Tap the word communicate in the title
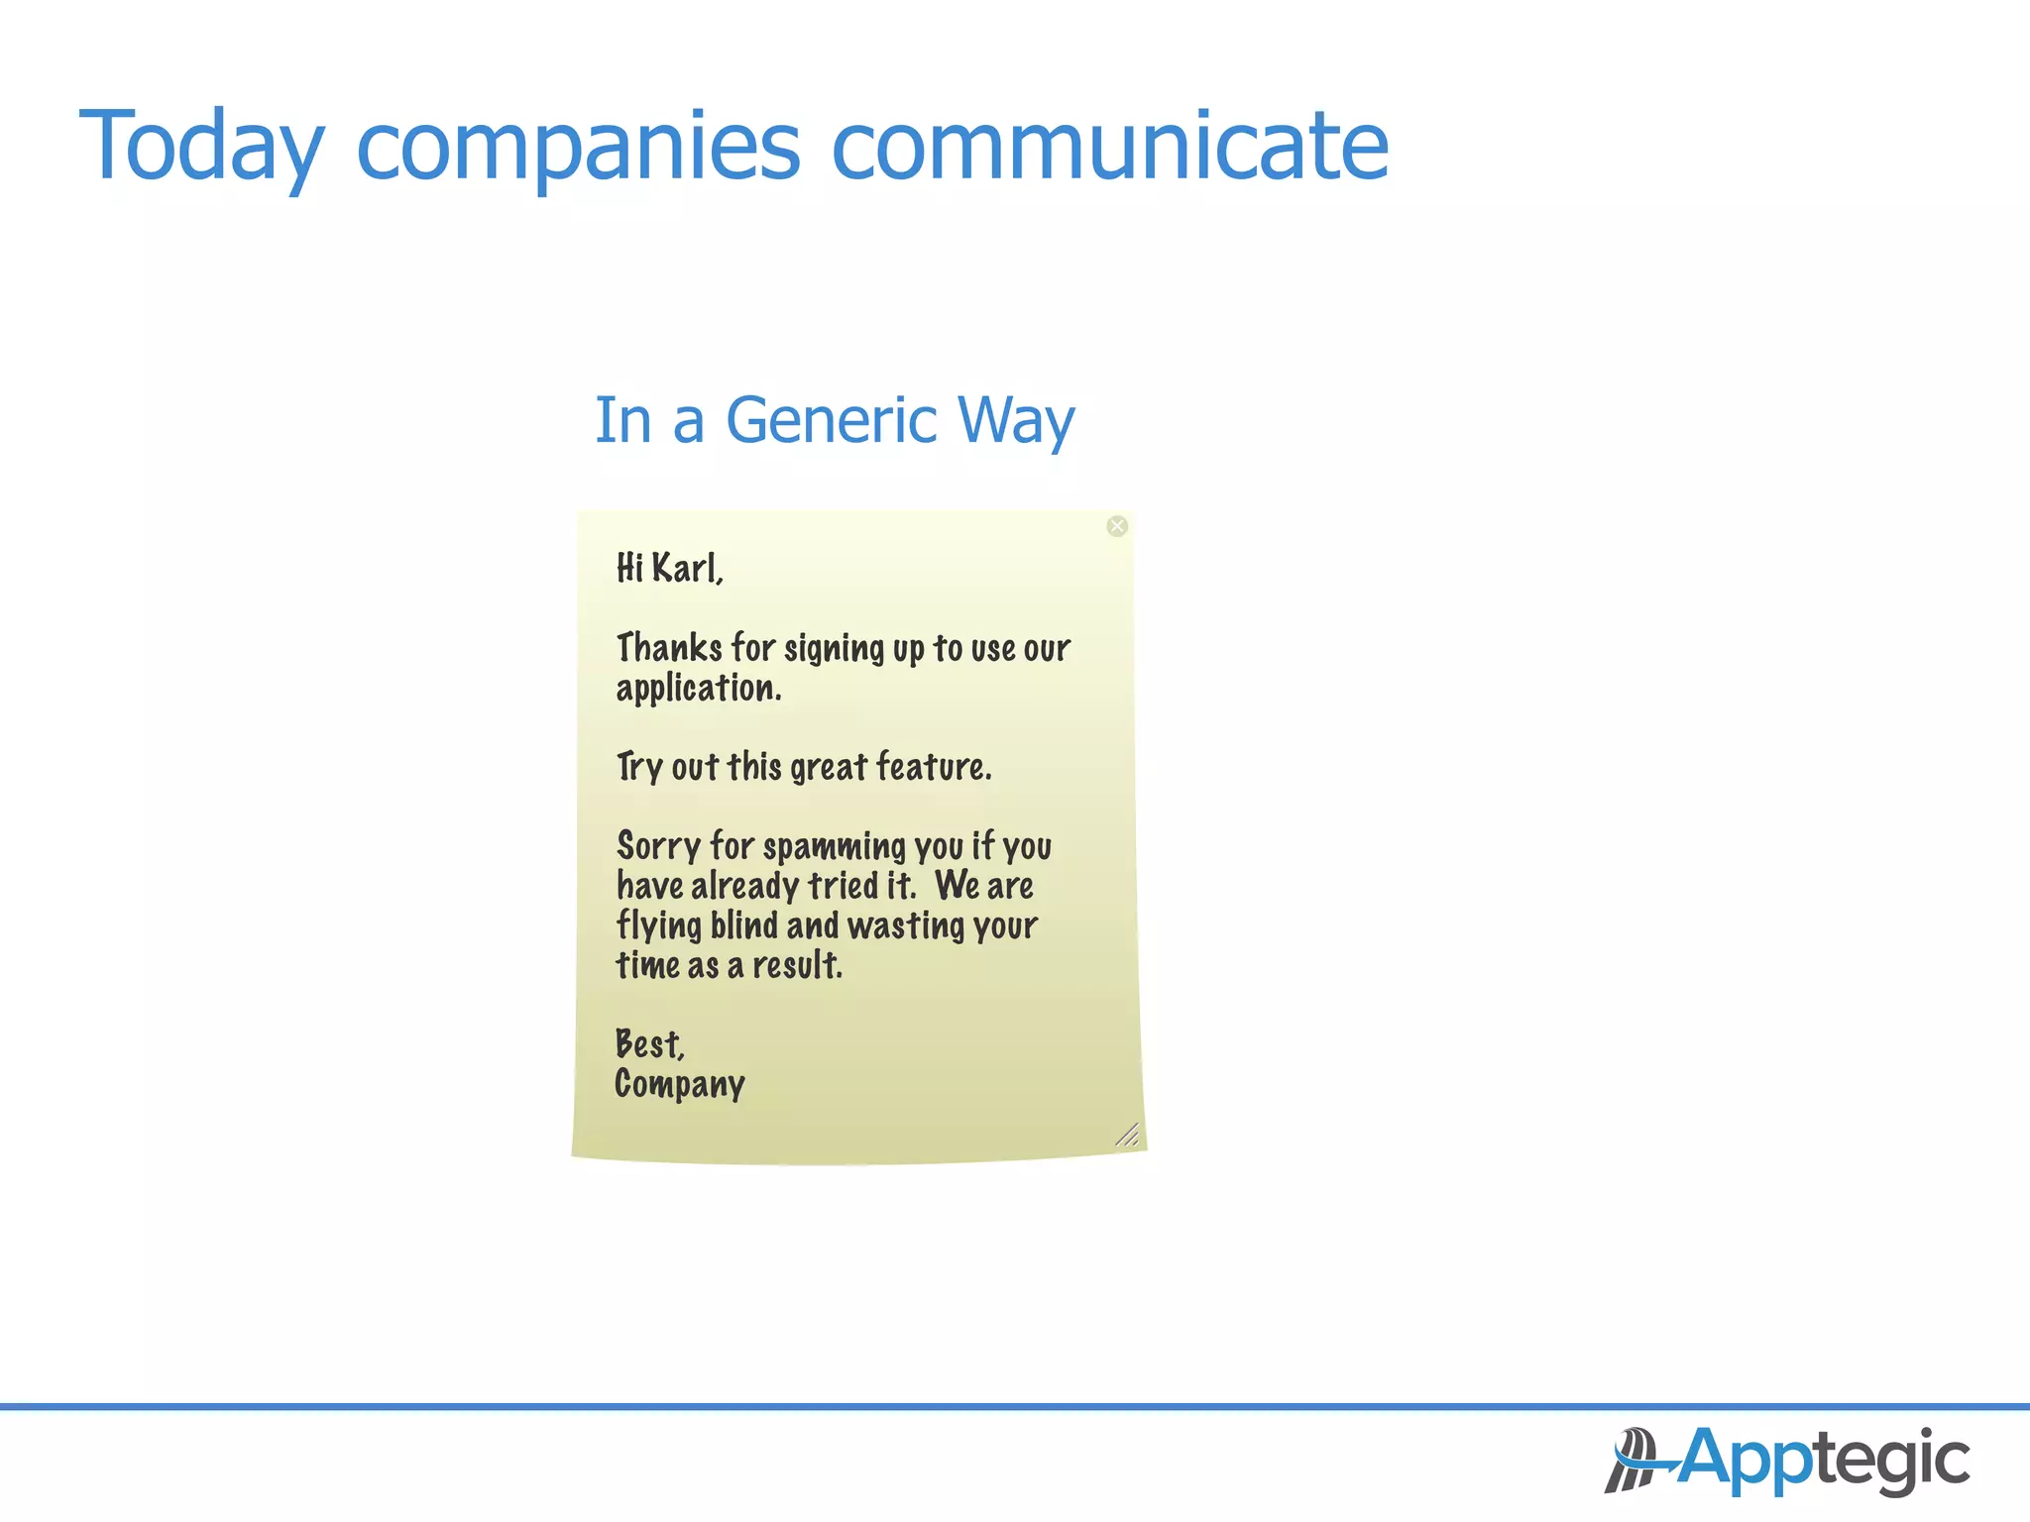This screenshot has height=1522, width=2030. [1109, 147]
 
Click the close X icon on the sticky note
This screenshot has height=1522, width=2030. [1117, 526]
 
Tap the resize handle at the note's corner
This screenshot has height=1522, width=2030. [1127, 1136]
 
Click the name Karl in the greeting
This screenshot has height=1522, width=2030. [685, 569]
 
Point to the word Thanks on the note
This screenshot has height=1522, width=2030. [669, 648]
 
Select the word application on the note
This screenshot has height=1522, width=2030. [697, 689]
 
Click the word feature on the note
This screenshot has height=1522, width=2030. [932, 767]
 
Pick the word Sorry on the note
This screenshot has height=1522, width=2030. [658, 846]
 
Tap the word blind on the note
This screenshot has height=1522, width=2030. [743, 925]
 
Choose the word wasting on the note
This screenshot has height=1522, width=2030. [906, 926]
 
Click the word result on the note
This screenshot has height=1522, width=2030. [796, 965]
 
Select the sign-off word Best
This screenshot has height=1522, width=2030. [648, 1044]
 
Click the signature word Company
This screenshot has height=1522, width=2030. [679, 1085]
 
